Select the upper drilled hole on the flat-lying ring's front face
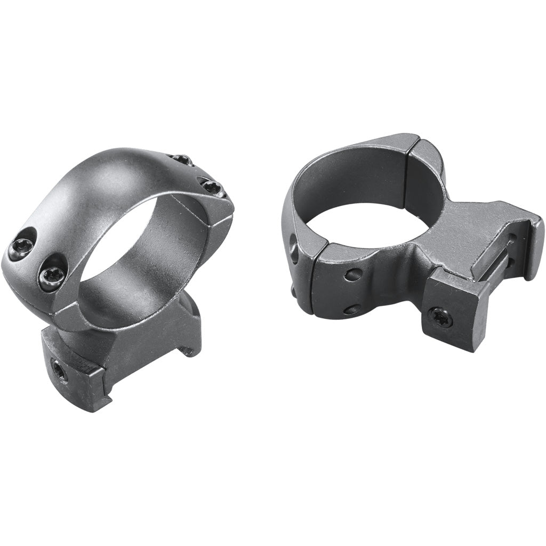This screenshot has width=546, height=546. [x=353, y=275]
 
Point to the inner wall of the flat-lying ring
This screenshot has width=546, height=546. [x=341, y=181]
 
